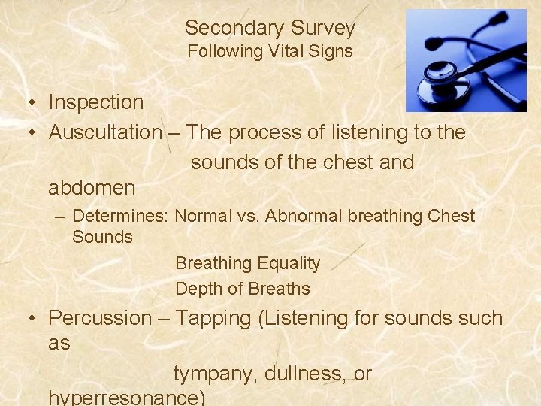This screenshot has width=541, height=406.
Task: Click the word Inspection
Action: coord(95,102)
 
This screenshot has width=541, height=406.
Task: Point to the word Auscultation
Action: coord(105,132)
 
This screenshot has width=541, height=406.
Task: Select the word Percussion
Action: coord(100,318)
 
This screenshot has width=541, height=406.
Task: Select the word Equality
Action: coord(289,264)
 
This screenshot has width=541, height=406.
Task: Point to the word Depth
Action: coord(197,289)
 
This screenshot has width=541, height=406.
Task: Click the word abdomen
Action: coord(92,187)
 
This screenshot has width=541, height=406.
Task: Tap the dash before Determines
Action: coord(61,217)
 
